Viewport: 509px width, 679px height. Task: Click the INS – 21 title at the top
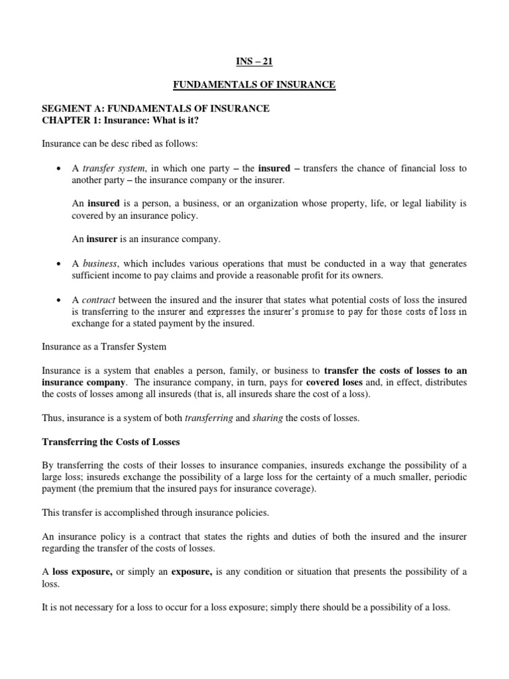[x=254, y=62]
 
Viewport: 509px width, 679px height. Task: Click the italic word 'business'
[x=101, y=264]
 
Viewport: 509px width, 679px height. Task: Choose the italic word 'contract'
[x=100, y=300]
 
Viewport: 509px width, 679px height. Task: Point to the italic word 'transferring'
[x=208, y=418]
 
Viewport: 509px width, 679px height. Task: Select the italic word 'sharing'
[x=267, y=418]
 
